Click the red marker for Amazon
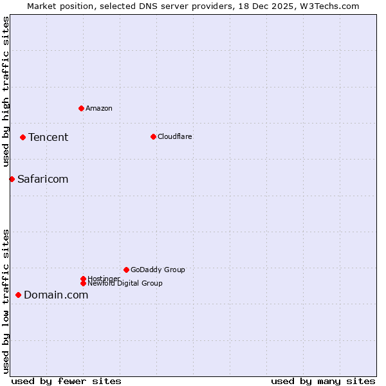[x=81, y=108]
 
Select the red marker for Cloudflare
[x=153, y=136]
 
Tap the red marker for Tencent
[x=23, y=137]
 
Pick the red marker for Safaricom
[x=12, y=179]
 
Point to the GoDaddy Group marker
[x=126, y=270]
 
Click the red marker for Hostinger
[x=83, y=279]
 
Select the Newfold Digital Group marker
[x=83, y=283]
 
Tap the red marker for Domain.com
[x=18, y=295]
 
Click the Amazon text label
[x=99, y=108]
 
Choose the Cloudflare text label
[x=175, y=136]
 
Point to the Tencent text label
[x=48, y=137]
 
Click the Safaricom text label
[x=42, y=179]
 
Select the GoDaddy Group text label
[x=158, y=270]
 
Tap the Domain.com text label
[x=56, y=295]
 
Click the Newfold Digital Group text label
[x=125, y=284]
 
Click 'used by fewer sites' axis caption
[x=66, y=381]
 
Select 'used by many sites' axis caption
[x=323, y=381]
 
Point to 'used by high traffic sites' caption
[x=6, y=92]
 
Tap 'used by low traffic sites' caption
[x=6, y=300]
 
